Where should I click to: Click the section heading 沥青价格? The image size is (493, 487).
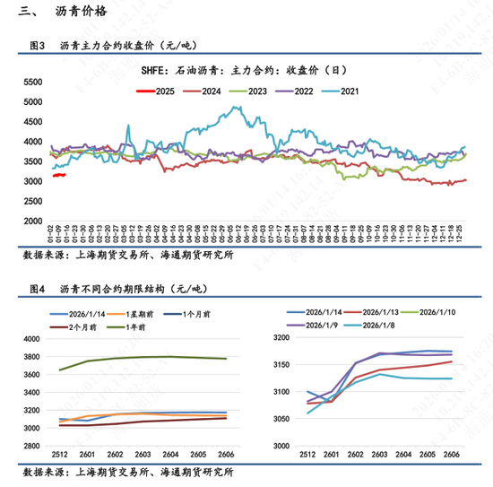pyautogui.click(x=74, y=12)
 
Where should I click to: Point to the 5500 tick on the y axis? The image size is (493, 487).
pyautogui.click(x=31, y=82)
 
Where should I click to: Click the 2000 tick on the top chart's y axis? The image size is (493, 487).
pyautogui.click(x=31, y=221)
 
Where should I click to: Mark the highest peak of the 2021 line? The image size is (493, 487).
pyautogui.click(x=236, y=108)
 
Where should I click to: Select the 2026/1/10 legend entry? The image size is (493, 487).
pyautogui.click(x=435, y=311)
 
